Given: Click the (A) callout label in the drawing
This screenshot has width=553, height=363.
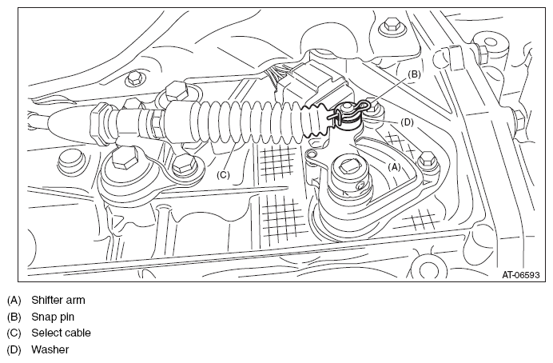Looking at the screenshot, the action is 394,167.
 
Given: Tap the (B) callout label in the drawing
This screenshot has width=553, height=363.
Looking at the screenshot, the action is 414,74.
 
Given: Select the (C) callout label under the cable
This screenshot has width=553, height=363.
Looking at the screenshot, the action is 223,175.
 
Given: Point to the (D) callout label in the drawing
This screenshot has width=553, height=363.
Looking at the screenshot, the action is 407,122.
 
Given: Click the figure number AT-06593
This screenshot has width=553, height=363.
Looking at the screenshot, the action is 521,274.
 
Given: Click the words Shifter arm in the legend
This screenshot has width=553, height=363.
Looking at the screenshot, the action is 58,300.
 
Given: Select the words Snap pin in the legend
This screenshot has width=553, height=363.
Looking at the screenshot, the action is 53,317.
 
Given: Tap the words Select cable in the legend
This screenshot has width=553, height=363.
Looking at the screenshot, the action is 61,333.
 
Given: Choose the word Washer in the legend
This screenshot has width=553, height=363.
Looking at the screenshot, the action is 50,349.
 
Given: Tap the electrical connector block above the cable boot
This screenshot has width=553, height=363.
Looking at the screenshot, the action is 317,83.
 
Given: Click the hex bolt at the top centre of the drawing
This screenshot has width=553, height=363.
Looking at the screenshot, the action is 390,26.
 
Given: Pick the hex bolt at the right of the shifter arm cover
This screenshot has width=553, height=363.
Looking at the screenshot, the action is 428,160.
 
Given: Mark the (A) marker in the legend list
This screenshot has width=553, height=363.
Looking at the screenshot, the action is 14,300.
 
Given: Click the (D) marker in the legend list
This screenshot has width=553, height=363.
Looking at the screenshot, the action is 14,349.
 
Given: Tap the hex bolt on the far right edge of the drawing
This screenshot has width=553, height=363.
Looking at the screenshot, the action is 519,120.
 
